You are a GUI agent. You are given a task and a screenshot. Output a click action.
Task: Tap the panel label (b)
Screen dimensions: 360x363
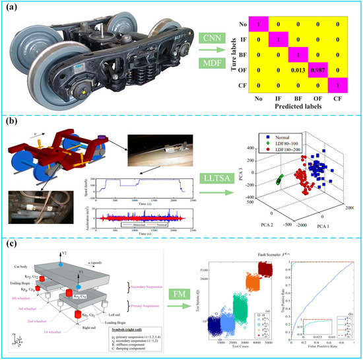(x=9, y=123)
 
